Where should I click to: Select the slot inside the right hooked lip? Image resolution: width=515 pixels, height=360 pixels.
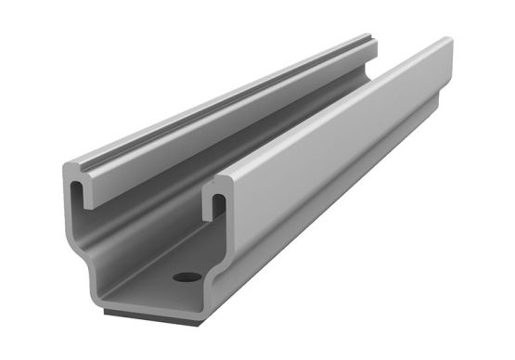(x=217, y=198)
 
